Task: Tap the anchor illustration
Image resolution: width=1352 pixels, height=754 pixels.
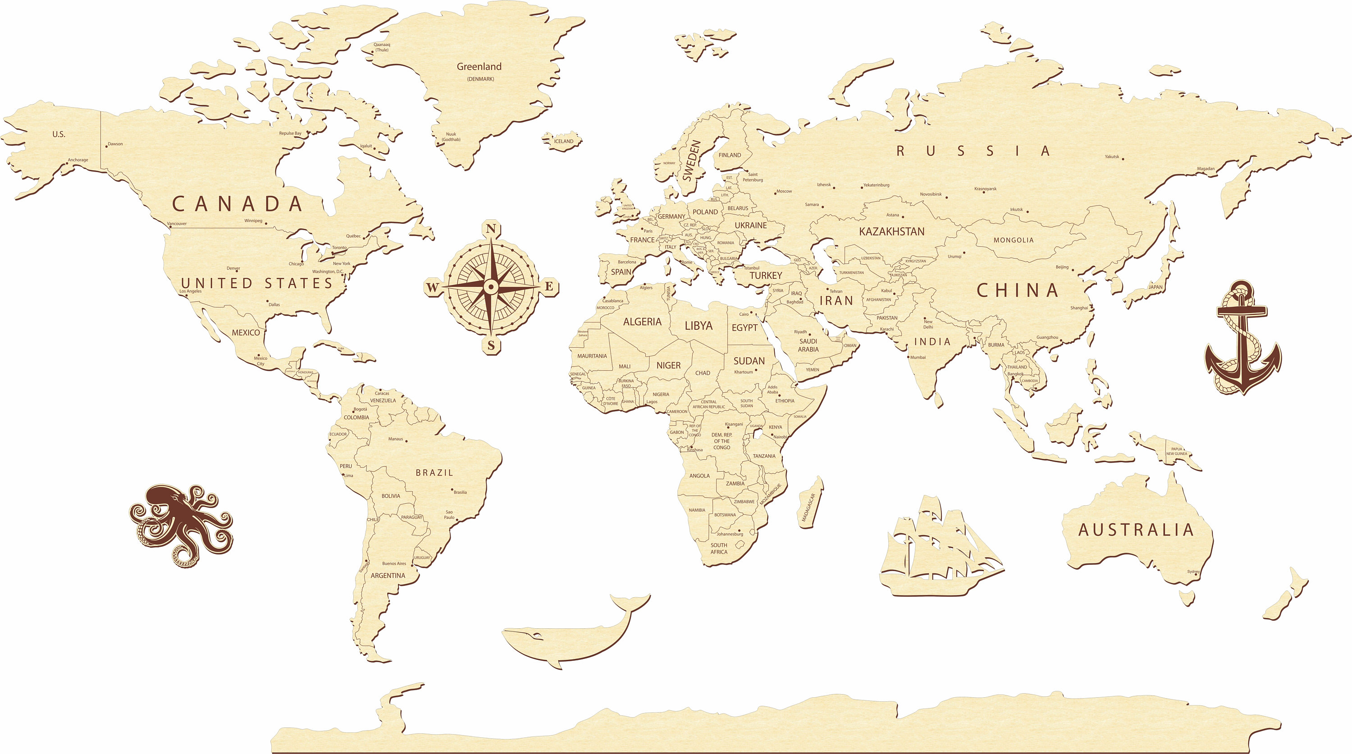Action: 1242,338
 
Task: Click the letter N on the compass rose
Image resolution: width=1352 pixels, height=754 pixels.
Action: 491,229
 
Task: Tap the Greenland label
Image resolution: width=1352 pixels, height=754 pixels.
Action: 479,67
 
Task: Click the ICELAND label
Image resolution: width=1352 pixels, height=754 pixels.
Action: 564,141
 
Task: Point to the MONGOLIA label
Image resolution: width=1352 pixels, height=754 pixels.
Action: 1013,240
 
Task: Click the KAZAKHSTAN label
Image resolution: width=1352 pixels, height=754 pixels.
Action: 892,232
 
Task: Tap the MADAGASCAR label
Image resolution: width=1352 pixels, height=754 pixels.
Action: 809,507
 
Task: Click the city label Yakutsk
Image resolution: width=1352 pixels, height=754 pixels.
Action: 1112,156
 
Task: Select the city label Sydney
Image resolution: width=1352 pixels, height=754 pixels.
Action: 1193,572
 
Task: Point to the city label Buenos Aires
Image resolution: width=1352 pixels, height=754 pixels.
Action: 393,563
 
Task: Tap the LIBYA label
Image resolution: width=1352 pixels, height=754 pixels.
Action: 698,326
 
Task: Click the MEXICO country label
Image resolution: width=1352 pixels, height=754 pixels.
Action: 246,333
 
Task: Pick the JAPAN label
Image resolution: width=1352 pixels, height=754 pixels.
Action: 1155,287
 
